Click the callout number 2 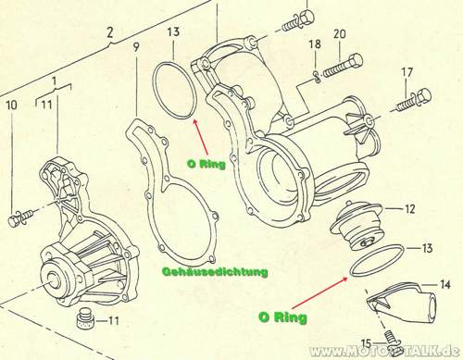click(x=110, y=32)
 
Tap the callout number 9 click(x=136, y=46)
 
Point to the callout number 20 click(x=340, y=34)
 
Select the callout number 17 click(x=407, y=72)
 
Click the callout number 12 click(x=409, y=209)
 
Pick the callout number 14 click(x=444, y=284)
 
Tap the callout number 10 click(x=12, y=106)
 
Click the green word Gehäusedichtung click(x=215, y=272)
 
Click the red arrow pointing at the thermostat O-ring click(x=318, y=292)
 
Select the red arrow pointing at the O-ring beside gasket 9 click(x=201, y=137)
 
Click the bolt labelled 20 click(x=343, y=67)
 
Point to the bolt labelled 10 click(x=21, y=217)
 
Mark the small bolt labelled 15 click(x=392, y=340)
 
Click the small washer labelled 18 click(x=317, y=77)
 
